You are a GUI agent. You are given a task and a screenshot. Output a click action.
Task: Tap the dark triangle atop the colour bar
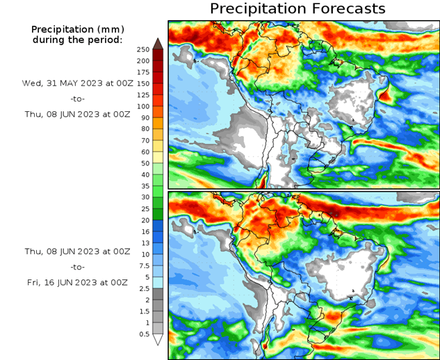(157, 43)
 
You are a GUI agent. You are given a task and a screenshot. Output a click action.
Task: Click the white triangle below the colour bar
(157, 340)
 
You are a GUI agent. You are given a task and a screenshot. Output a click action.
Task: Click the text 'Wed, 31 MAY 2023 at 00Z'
(77, 83)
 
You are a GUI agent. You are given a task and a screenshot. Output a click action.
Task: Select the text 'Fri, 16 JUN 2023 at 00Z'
(77, 282)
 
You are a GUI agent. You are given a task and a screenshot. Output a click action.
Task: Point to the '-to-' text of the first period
(76, 99)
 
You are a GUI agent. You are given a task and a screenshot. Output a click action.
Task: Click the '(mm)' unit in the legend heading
(110, 29)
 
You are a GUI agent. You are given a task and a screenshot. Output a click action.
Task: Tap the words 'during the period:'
(77, 40)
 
